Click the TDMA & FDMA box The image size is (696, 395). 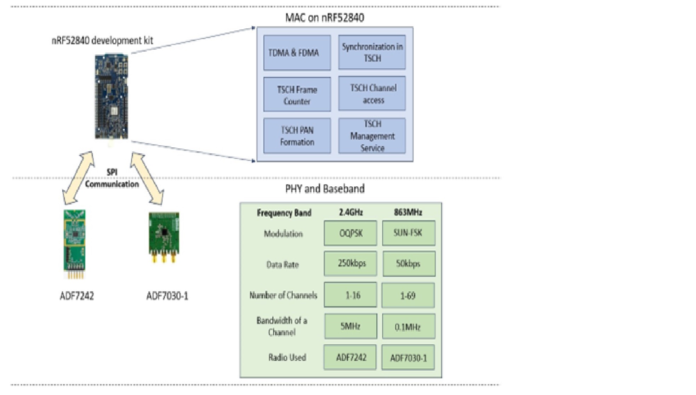297,53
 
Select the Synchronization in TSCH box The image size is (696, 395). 372,52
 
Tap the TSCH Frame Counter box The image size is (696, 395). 297,95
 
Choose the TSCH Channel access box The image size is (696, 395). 372,94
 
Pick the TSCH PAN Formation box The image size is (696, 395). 297,136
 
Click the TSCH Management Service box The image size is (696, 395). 372,136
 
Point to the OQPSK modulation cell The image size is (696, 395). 350,233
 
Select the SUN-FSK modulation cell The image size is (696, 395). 408,233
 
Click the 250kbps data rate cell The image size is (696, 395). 350,264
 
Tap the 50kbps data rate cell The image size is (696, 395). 409,264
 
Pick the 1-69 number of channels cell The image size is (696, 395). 408,295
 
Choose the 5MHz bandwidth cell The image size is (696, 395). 350,326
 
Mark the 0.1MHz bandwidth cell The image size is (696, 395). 408,326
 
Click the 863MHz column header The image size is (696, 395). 408,213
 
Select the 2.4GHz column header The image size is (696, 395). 350,213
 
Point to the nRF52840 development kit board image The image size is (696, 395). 111,96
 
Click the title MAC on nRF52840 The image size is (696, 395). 325,18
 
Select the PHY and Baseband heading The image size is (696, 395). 325,188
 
